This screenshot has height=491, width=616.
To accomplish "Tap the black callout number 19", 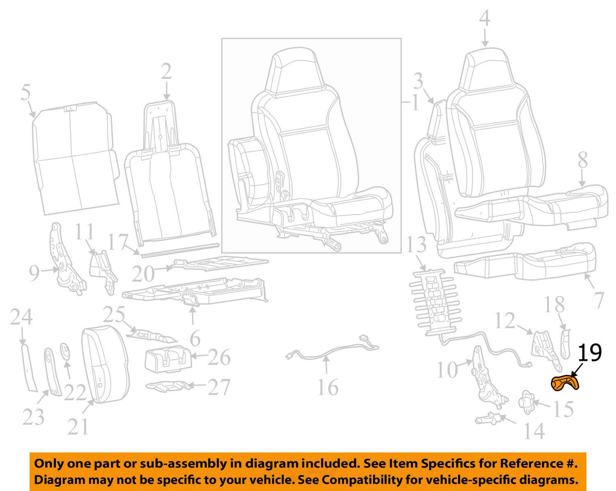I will (x=590, y=353).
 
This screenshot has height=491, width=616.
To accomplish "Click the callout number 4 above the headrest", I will (x=485, y=18).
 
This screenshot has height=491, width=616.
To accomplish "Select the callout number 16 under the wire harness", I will (x=328, y=388).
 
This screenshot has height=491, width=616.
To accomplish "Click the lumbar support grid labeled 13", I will (x=434, y=300).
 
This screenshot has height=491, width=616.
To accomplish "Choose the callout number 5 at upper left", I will (x=25, y=93).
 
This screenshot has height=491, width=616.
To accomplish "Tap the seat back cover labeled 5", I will (x=74, y=160).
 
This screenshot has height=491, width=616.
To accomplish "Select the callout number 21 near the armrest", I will (x=78, y=427).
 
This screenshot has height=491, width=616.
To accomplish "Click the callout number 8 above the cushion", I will (x=583, y=161).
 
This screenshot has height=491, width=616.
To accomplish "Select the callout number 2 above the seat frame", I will (x=166, y=72).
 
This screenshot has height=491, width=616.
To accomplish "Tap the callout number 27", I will (x=219, y=387).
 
